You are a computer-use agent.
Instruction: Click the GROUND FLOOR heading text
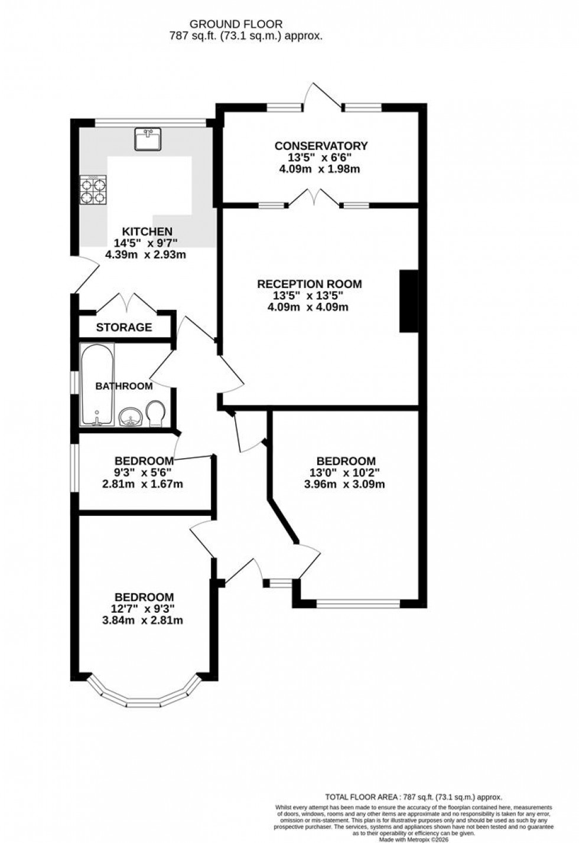(x=236, y=24)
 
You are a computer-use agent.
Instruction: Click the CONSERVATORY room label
(x=321, y=146)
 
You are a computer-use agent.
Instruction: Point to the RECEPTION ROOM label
(x=309, y=284)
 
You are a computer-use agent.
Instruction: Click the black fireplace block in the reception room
(x=408, y=302)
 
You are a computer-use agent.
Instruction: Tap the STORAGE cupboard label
(x=124, y=327)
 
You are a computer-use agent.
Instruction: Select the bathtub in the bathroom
(x=97, y=385)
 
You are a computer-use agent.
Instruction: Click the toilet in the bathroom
(x=156, y=413)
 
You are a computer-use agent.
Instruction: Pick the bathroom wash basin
(x=130, y=417)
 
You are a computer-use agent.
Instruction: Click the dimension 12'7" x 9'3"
(x=145, y=609)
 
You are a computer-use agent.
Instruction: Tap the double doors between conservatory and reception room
(x=314, y=198)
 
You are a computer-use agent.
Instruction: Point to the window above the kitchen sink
(x=151, y=123)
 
